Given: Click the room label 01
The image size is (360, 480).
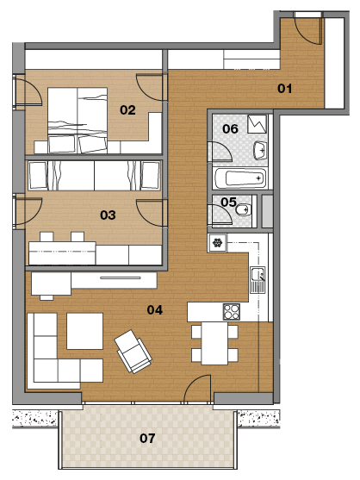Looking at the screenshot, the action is [x=284, y=89].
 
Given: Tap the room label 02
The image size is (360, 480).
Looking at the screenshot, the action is [x=127, y=110].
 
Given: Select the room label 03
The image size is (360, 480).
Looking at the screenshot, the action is [x=108, y=215].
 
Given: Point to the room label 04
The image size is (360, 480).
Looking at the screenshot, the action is [x=155, y=309].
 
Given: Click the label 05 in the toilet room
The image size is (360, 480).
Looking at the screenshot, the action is [x=228, y=202].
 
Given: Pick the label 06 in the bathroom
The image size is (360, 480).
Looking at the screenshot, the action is [x=230, y=129].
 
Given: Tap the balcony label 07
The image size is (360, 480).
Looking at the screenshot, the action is [x=147, y=438].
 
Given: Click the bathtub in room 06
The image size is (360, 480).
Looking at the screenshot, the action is [x=240, y=178].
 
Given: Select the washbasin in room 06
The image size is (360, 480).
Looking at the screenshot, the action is [x=260, y=150].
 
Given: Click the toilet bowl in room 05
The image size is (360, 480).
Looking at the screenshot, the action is [x=244, y=209].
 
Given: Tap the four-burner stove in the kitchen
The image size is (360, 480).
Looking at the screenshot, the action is [x=231, y=312].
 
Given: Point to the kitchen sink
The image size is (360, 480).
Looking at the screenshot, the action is [x=258, y=280].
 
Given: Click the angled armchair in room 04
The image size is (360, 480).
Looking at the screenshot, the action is [x=133, y=351].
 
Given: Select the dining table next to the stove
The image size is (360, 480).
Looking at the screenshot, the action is [x=214, y=343].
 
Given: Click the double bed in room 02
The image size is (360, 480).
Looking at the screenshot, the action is [x=78, y=120].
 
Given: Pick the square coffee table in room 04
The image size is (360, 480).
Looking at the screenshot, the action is [x=84, y=331].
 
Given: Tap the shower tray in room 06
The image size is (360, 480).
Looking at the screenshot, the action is [x=257, y=124].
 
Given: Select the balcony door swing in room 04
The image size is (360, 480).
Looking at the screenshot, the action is [x=197, y=388].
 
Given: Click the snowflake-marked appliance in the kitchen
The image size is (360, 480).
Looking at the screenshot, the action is [x=217, y=243].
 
